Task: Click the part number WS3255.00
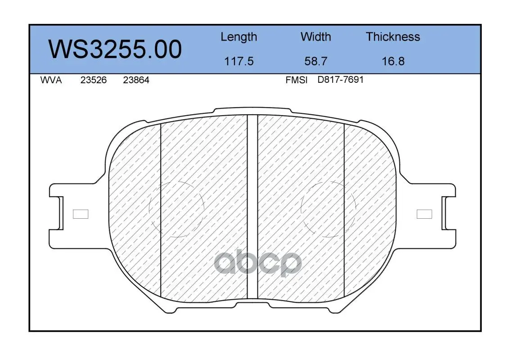[115, 49]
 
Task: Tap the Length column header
[239, 37]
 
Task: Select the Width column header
[316, 37]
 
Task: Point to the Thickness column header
[393, 37]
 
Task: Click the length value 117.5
[239, 61]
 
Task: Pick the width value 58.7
[316, 61]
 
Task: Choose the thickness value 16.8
[393, 61]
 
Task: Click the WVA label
[51, 80]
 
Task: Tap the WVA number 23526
[94, 80]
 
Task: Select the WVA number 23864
[136, 80]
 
